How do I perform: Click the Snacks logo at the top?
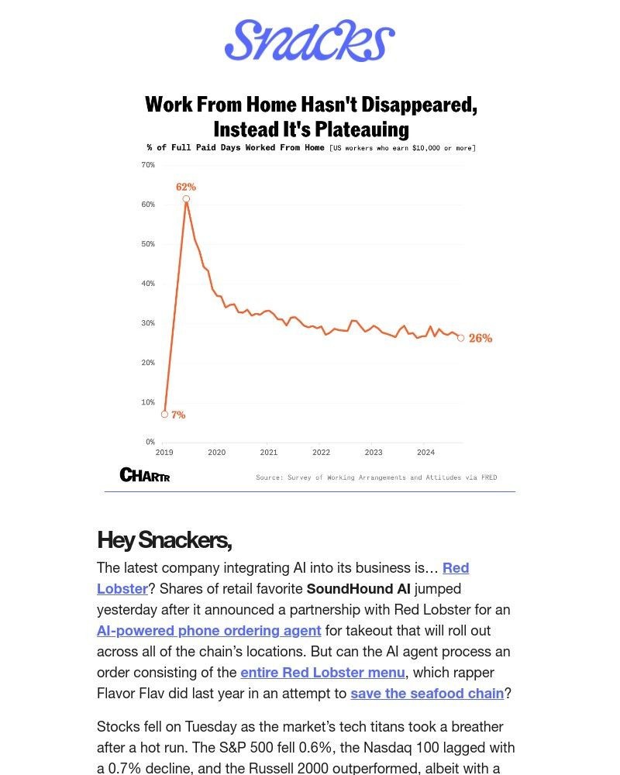[310, 41]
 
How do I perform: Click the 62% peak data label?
[186, 187]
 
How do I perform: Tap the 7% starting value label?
[178, 415]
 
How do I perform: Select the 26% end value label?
[480, 339]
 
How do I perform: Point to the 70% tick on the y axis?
[148, 165]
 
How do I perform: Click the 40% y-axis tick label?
[148, 284]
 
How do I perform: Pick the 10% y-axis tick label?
[148, 402]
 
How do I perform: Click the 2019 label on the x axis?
[164, 453]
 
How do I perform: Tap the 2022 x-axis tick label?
[321, 453]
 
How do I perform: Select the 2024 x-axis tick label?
[425, 453]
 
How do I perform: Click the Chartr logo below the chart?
[145, 475]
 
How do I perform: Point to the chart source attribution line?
[377, 477]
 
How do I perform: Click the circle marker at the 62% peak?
[186, 199]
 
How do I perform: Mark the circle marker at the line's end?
[461, 338]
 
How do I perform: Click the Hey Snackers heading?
[164, 539]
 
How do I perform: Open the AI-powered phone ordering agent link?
[208, 631]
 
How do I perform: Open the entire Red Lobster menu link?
[322, 673]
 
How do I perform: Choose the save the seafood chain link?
[427, 694]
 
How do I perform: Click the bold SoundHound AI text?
[358, 589]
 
